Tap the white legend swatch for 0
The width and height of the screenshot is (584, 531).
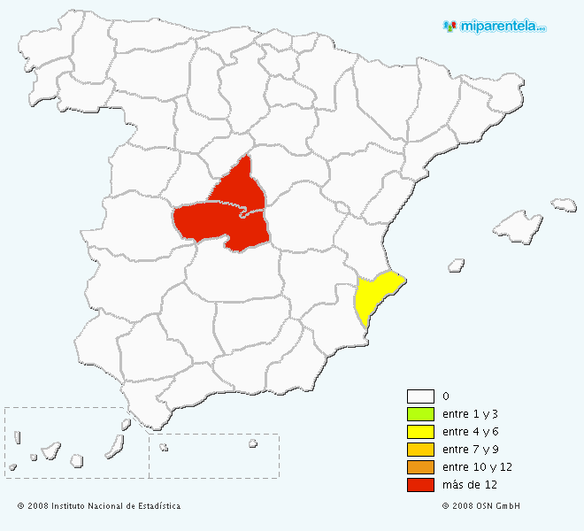click(420, 396)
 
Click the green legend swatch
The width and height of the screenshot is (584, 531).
click(420, 414)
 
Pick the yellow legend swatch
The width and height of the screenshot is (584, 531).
click(420, 432)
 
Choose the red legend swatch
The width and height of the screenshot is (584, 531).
click(420, 485)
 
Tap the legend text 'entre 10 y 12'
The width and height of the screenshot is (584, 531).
click(477, 467)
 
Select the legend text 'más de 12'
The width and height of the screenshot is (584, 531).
click(468, 485)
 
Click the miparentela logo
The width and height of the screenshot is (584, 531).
click(496, 26)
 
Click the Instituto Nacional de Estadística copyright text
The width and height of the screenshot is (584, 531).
click(98, 506)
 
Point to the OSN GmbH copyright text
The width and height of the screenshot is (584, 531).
click(480, 506)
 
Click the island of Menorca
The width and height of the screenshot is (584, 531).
click(564, 204)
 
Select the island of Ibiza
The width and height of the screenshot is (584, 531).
click(457, 264)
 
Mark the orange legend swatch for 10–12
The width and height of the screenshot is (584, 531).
click(420, 467)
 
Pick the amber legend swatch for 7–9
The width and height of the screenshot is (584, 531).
click(420, 450)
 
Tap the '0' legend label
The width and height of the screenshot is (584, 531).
click(445, 396)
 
